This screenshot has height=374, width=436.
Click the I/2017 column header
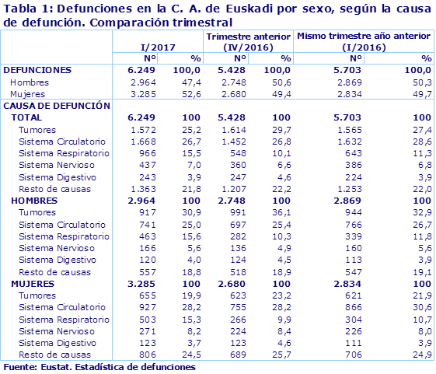(155, 47)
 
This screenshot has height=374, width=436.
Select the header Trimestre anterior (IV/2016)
(249, 41)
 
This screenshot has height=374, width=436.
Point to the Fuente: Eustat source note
(99, 366)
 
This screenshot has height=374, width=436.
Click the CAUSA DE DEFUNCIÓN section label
(58, 105)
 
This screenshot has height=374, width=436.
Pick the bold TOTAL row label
(26, 117)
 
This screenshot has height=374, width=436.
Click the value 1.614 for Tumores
(234, 129)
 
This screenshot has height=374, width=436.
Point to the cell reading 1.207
(234, 189)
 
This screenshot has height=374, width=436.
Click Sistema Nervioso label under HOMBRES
(57, 248)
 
